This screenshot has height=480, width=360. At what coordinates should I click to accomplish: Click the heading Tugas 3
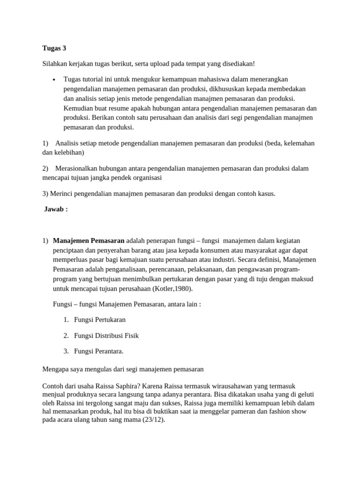pos(54,48)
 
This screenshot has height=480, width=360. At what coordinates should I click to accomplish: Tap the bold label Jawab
pos(56,209)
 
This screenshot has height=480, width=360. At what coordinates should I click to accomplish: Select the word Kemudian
pos(78,108)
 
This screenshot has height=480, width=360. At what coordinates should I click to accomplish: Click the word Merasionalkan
pos(79,168)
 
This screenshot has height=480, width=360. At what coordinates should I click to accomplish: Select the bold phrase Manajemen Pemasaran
pos(89,240)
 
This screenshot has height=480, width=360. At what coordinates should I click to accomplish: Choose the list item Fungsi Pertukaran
pos(100,320)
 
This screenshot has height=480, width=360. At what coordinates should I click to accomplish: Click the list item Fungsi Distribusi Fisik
pos(106,335)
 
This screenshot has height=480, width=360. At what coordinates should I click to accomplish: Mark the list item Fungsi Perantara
pos(98,351)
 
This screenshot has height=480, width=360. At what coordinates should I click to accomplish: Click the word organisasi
pos(145,178)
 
